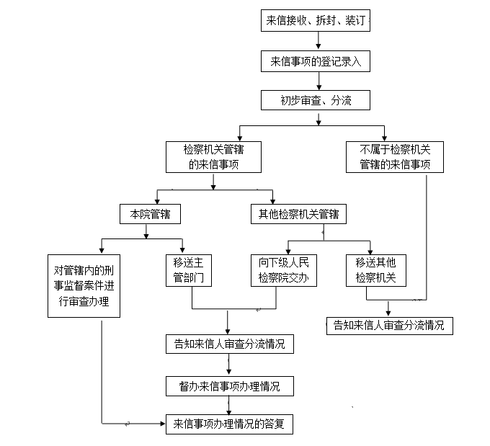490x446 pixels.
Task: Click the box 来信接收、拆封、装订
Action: click(316, 21)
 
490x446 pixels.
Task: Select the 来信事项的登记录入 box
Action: click(316, 61)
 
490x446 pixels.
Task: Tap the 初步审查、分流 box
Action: click(316, 99)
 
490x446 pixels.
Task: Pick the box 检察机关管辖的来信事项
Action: click(213, 157)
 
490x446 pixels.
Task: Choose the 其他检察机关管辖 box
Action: click(298, 214)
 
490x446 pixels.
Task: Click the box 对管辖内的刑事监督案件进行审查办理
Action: click(84, 285)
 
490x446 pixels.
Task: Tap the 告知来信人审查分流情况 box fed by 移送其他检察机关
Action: click(389, 325)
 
